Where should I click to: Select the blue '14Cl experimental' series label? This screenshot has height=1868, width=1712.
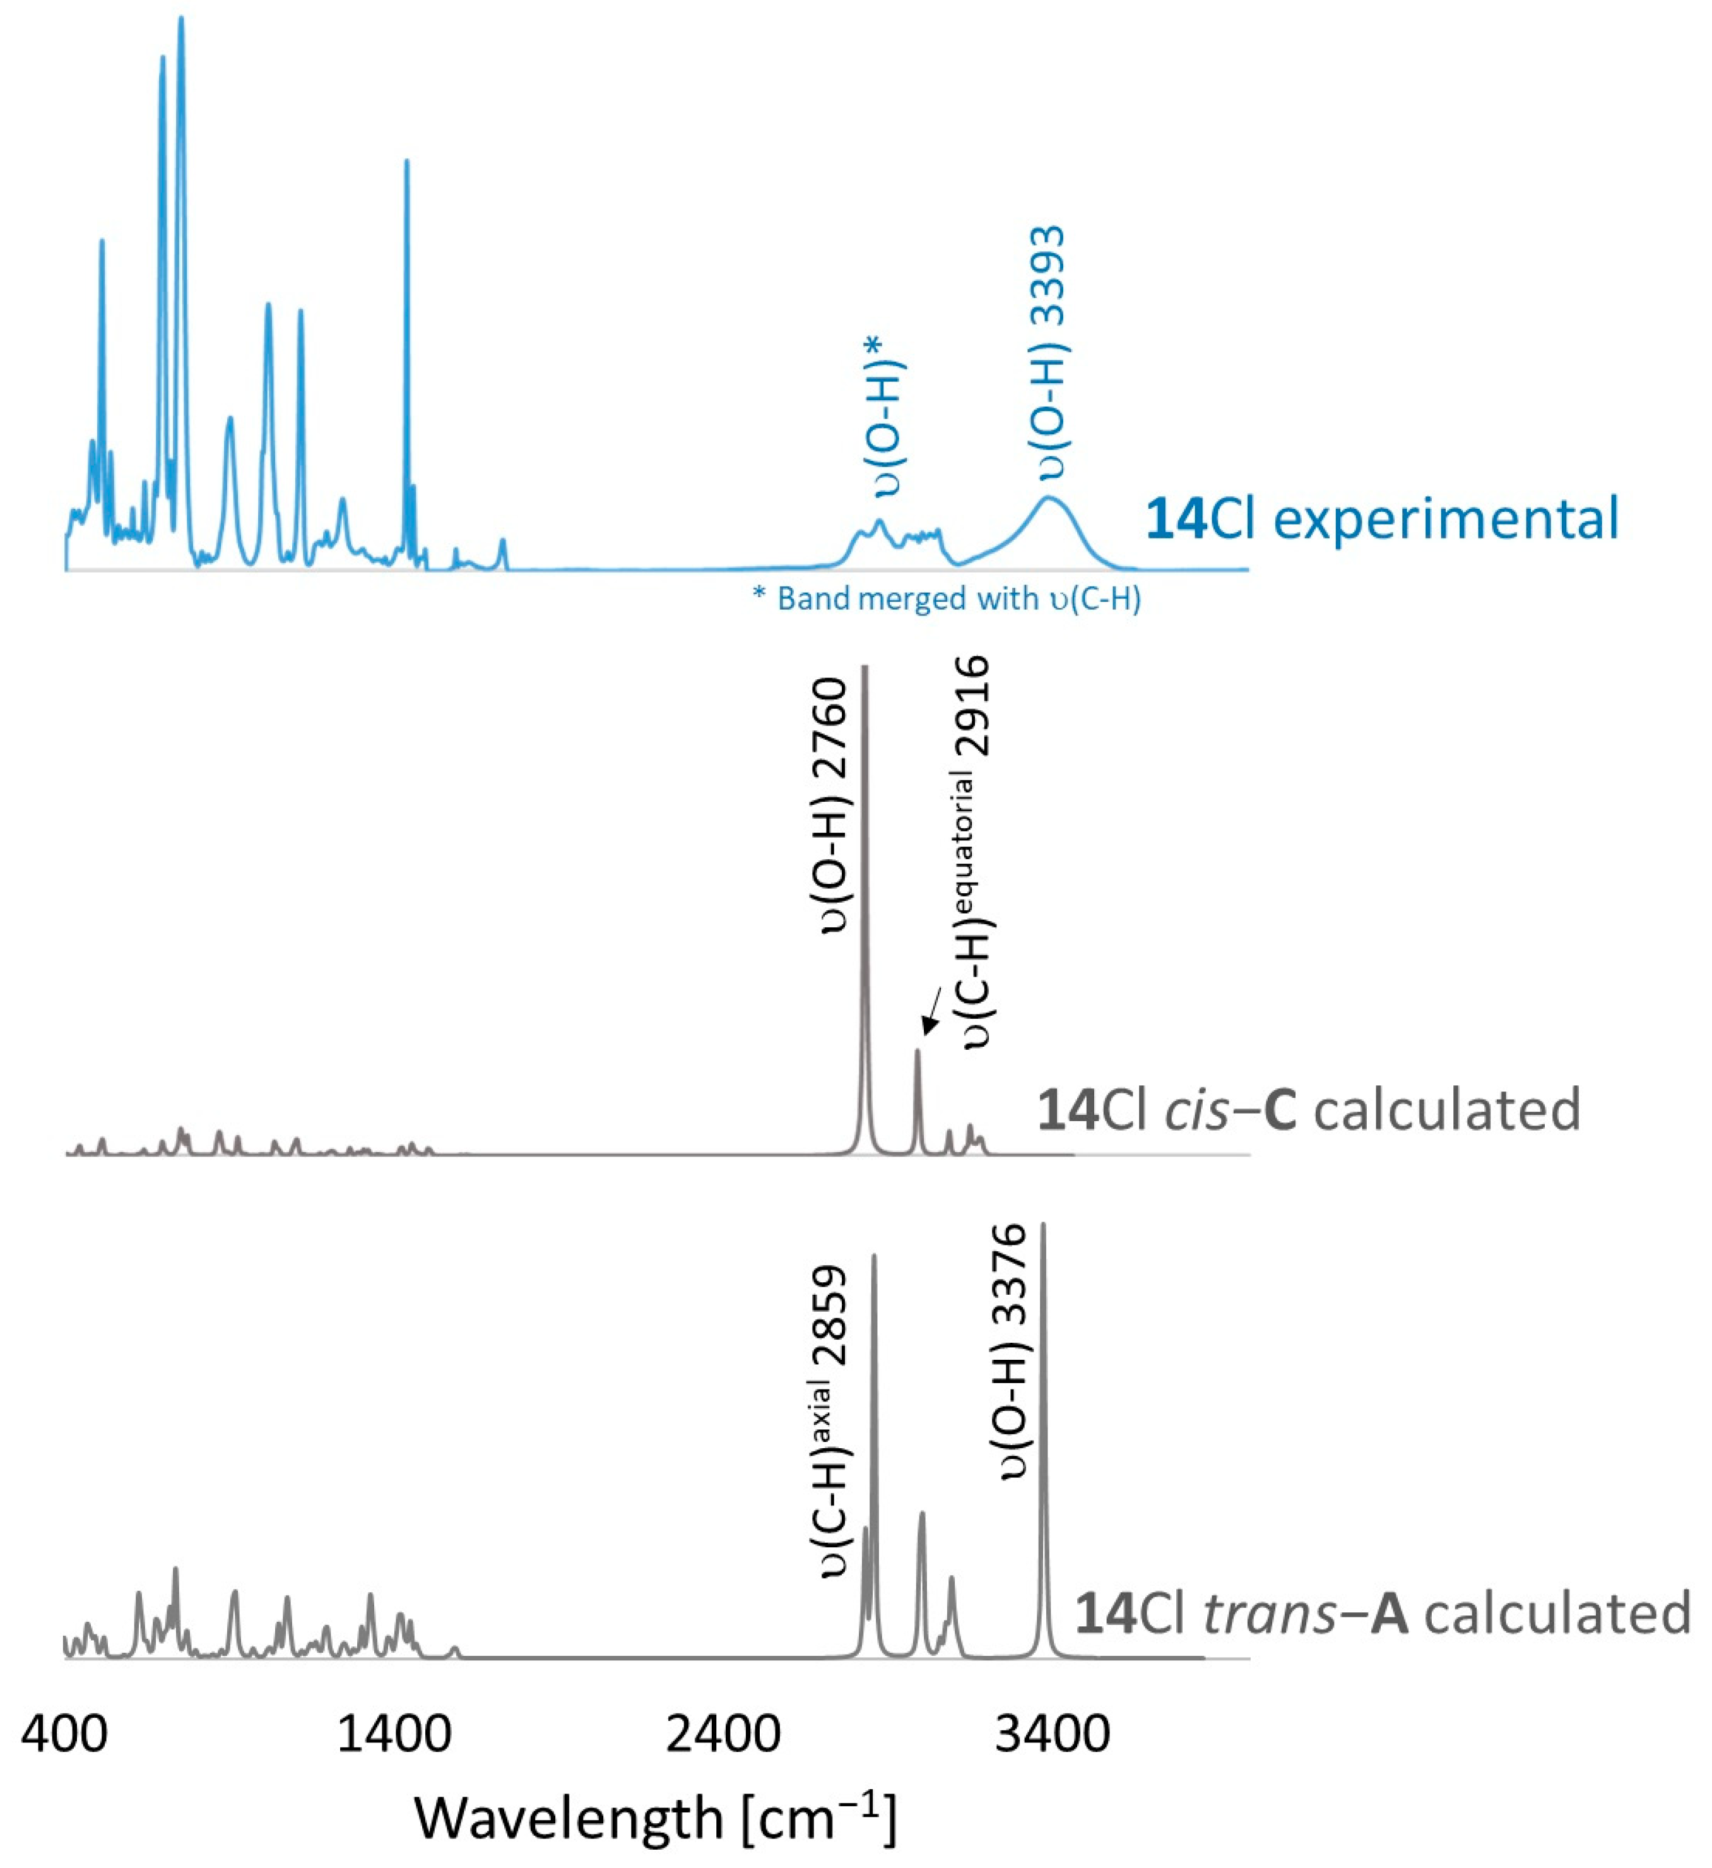pyautogui.click(x=1381, y=519)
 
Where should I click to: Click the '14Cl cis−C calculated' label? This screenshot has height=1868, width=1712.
pyautogui.click(x=1308, y=1109)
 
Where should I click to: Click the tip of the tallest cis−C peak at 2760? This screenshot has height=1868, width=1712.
pyautogui.click(x=865, y=667)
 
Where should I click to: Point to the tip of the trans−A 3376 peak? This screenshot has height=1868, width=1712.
pyautogui.click(x=1044, y=1225)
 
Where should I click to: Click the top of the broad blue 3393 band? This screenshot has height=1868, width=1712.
pyautogui.click(x=1048, y=499)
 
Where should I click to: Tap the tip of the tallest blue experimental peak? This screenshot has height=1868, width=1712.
pyautogui.click(x=180, y=18)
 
